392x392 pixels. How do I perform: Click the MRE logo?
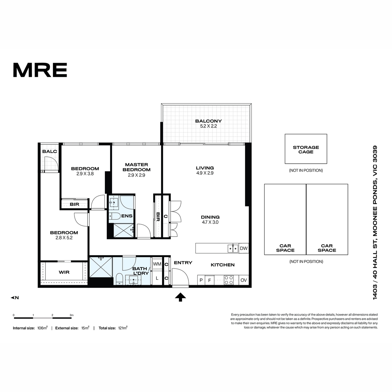[x=40, y=70]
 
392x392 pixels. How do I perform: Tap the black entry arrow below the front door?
[x=180, y=297]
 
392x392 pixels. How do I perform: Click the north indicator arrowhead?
[x=12, y=298]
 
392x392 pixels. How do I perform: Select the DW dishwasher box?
[x=243, y=248]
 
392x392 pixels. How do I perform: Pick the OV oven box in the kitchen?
[x=243, y=280]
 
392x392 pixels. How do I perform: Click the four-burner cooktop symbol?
[x=228, y=280]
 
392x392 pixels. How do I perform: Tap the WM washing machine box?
[x=157, y=264]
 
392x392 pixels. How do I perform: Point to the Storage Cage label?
[x=306, y=150]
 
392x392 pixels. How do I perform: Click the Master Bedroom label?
[x=137, y=167]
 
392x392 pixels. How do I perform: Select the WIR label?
[x=64, y=272]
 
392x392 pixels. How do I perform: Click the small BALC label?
[x=50, y=151]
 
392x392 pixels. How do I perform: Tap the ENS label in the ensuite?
[x=127, y=216]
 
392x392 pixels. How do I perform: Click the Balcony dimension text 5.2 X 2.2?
[x=208, y=126]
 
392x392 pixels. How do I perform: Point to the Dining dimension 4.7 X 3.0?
[x=210, y=222]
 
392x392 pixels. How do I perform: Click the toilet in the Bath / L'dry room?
[x=120, y=279]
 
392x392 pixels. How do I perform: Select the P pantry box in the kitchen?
[x=201, y=280]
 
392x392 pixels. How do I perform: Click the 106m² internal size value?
[x=42, y=328]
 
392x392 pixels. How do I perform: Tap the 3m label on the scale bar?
[x=72, y=315]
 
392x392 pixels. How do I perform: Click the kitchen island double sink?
[x=233, y=248]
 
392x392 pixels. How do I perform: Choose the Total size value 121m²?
[x=123, y=328]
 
